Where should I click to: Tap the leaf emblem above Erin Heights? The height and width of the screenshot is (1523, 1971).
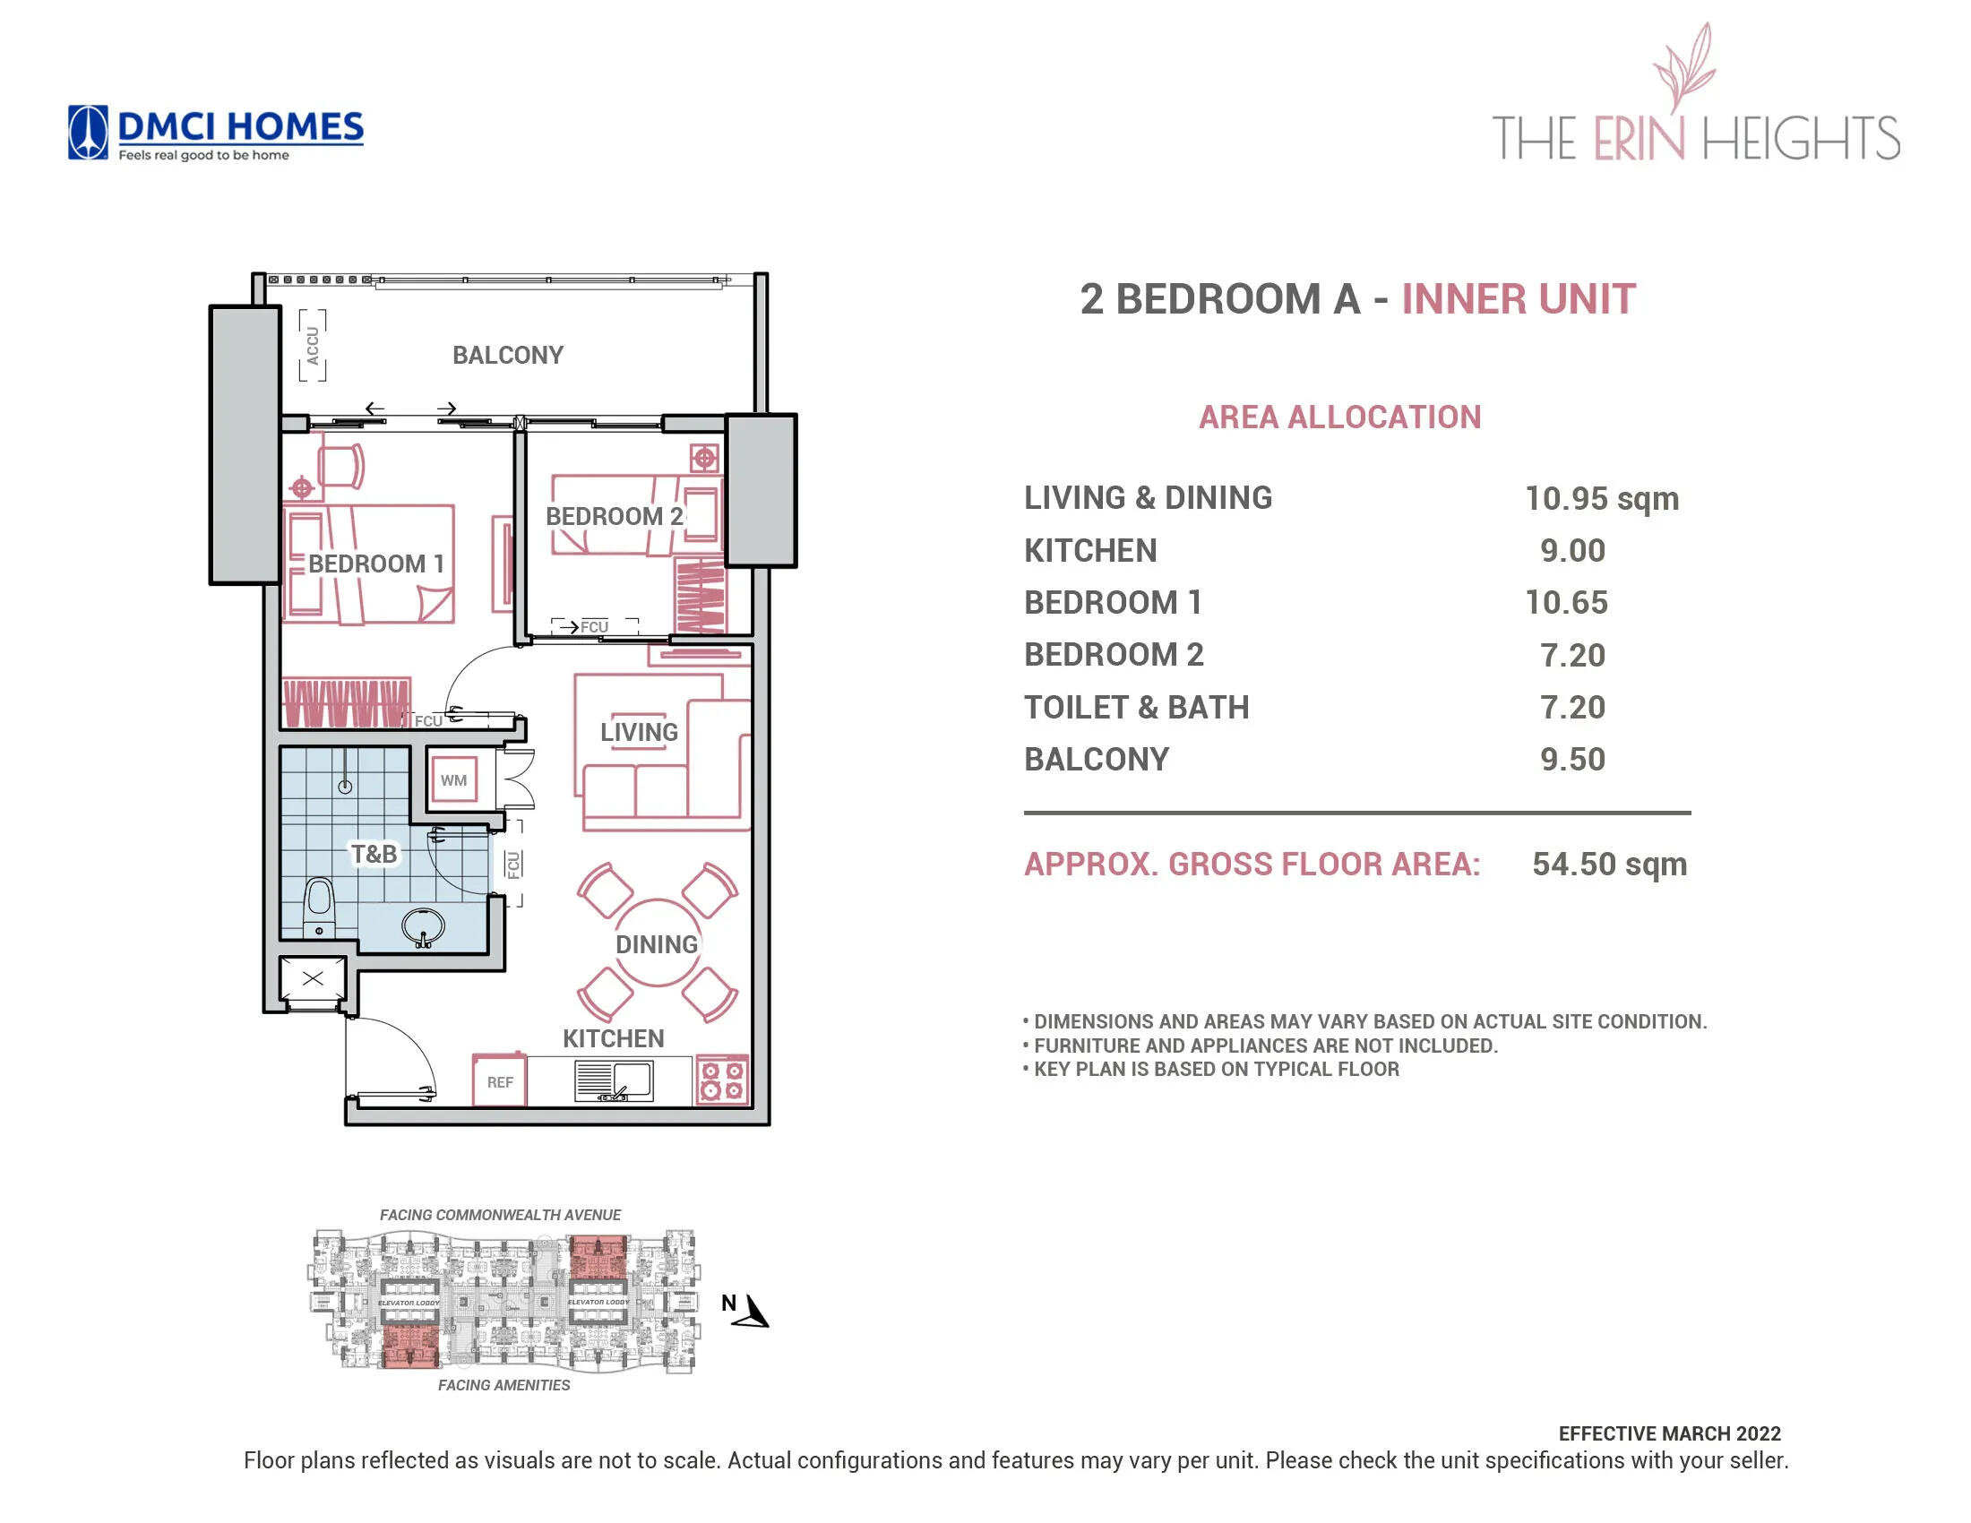[1684, 67]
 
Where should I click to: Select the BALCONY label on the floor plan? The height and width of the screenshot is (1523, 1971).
[507, 355]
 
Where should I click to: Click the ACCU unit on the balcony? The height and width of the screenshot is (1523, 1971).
[313, 346]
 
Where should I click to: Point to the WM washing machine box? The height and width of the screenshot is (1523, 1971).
[453, 780]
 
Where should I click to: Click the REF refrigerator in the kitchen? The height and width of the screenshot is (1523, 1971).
[499, 1081]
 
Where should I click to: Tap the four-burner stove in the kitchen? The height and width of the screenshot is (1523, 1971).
[722, 1080]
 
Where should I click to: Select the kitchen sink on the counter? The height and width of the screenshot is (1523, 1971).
[615, 1080]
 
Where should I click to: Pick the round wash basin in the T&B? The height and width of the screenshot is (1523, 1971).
[422, 926]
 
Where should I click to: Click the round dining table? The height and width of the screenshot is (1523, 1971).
[657, 943]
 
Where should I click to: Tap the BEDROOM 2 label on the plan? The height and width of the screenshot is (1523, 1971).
[614, 516]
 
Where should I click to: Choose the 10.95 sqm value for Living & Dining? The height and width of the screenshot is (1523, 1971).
[1601, 498]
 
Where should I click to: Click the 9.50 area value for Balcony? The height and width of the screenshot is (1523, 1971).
[1572, 759]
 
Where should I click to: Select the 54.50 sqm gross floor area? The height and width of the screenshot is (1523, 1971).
[1608, 864]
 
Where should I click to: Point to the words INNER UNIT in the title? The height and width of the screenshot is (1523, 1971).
[1518, 298]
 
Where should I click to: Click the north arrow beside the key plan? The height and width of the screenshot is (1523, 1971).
[751, 1312]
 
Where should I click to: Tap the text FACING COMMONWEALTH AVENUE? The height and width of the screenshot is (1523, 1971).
[500, 1215]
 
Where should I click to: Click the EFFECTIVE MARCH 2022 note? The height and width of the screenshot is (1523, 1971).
[1669, 1433]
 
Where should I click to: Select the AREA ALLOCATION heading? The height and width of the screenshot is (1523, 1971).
[1339, 417]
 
